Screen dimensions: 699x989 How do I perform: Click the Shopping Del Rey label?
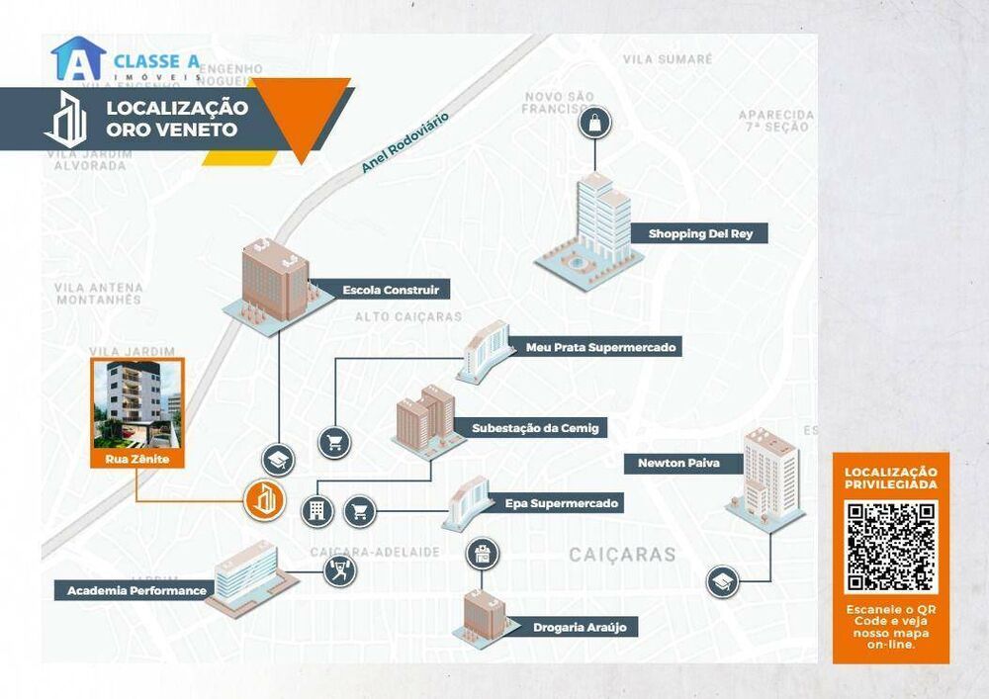[x=693, y=234]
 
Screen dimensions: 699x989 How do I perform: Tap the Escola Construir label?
[x=391, y=291]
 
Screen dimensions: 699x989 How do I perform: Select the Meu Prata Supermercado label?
[x=600, y=348]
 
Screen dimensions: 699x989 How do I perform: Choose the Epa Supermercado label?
[x=561, y=504]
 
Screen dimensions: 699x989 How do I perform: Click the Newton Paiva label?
[x=677, y=463]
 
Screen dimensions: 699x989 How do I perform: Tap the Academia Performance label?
[x=136, y=591]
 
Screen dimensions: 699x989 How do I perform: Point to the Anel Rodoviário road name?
[x=405, y=143]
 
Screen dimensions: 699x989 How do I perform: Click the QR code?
[x=891, y=547]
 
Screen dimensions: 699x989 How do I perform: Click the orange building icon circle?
[x=265, y=501]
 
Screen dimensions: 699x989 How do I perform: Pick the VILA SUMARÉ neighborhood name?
[x=668, y=59]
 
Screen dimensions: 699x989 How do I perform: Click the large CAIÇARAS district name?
[x=622, y=555]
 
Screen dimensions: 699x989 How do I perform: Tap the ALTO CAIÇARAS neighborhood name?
[x=408, y=317]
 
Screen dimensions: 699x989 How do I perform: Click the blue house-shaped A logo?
[x=78, y=59]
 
